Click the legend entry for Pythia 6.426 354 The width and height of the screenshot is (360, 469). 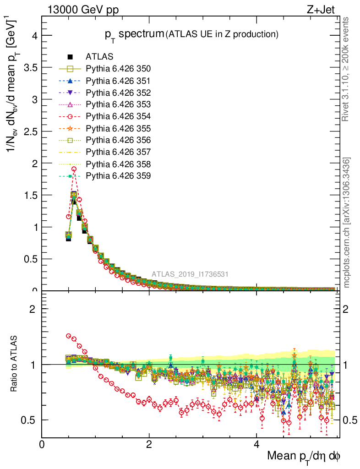pos(118,116)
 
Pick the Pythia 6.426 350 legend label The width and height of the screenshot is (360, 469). pos(118,69)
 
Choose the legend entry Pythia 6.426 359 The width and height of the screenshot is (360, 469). pos(118,175)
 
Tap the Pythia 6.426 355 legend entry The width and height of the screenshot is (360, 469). pos(118,128)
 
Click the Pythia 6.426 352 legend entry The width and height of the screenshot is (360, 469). pos(118,93)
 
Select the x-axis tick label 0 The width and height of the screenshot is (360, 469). pos(42,445)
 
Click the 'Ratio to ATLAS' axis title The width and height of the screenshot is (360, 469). pos(14,365)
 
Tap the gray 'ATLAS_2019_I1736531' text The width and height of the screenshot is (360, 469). pos(190,274)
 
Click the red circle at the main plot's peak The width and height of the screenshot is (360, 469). pos(74,169)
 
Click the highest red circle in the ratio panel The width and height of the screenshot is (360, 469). pos(69,336)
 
